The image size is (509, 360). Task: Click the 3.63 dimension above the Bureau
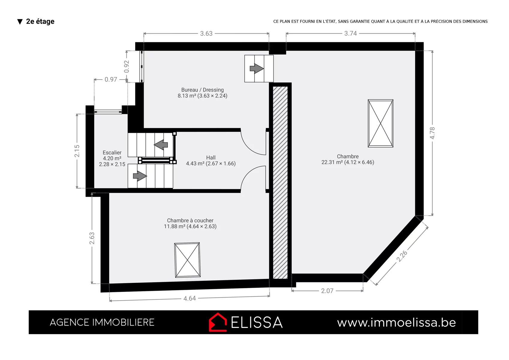(206, 33)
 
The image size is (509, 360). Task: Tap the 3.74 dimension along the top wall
(351, 33)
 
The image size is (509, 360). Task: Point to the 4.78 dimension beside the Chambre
(432, 133)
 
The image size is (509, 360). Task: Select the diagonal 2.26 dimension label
(402, 256)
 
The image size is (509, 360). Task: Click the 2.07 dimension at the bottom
(327, 291)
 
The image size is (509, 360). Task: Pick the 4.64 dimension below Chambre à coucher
(189, 298)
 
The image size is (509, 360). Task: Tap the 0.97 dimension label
(111, 79)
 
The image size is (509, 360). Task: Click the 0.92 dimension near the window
(127, 66)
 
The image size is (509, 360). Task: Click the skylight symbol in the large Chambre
(380, 123)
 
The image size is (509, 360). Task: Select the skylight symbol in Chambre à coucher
(187, 260)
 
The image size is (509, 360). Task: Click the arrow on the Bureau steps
(257, 68)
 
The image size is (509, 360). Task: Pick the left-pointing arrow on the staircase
(161, 145)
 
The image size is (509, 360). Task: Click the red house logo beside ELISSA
(218, 322)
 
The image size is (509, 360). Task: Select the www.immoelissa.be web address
(396, 322)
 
